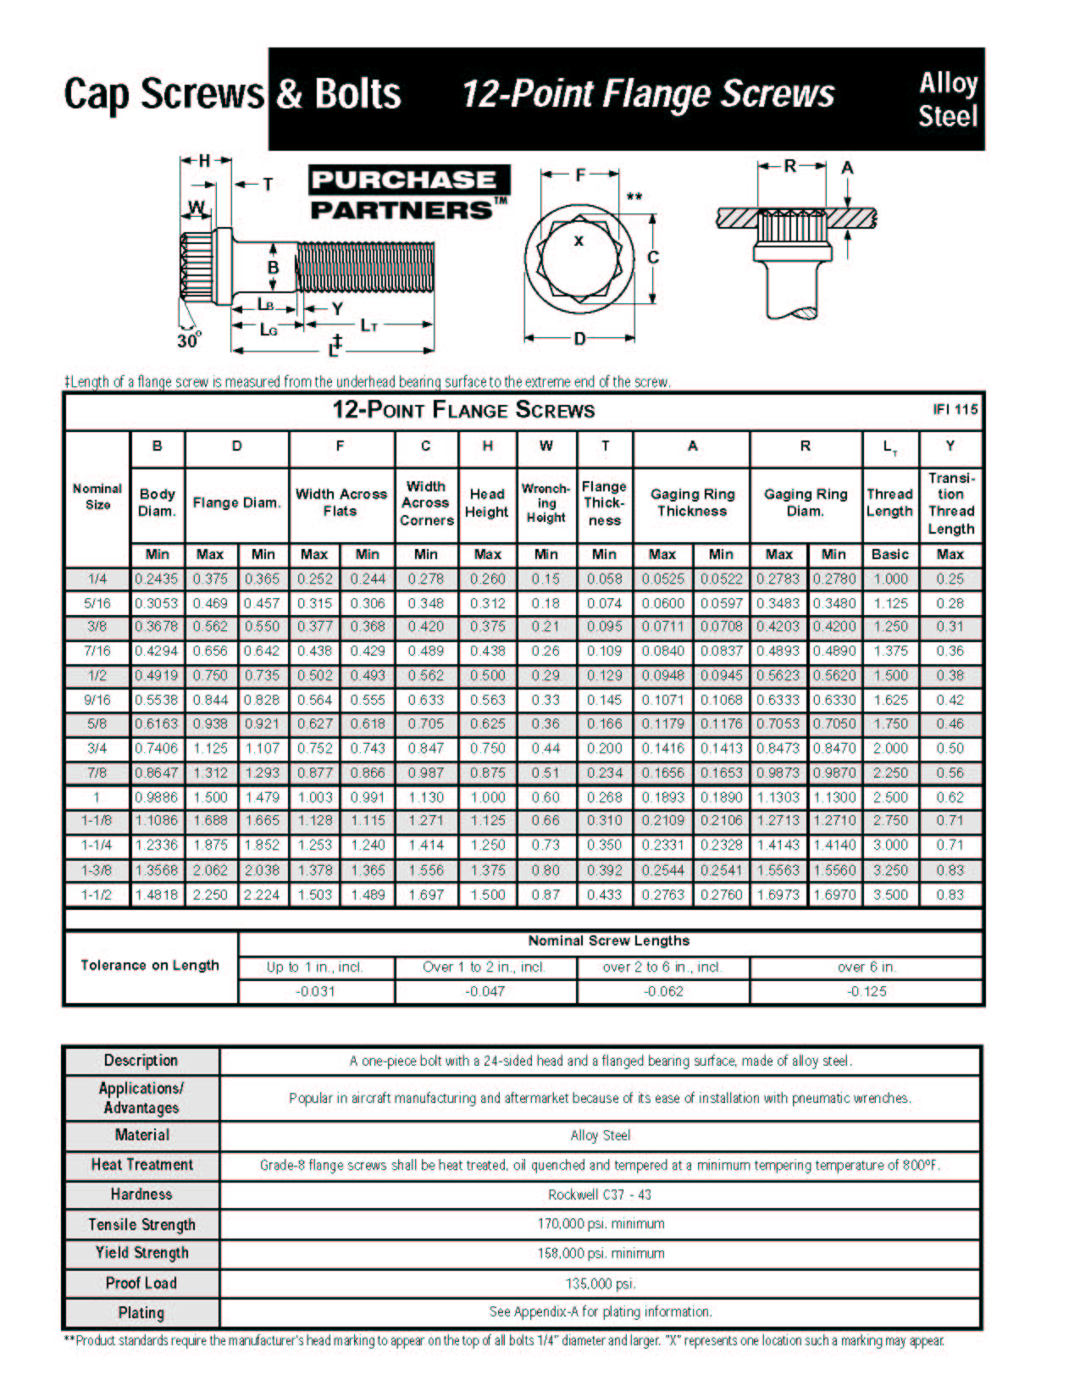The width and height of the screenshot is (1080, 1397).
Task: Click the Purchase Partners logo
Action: [409, 193]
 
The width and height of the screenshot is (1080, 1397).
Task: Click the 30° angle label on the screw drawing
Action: [188, 341]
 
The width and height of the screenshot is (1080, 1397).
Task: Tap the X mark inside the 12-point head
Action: [579, 241]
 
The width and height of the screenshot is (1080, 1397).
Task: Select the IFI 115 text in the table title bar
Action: [955, 410]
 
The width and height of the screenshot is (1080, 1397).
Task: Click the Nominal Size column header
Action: [97, 496]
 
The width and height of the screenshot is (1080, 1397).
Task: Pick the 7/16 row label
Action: [97, 651]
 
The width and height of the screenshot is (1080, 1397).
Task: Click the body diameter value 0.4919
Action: [157, 676]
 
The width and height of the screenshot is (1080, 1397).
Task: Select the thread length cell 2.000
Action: [890, 749]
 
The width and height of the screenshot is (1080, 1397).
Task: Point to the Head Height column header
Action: [487, 503]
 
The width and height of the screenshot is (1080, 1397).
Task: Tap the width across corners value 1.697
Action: [425, 895]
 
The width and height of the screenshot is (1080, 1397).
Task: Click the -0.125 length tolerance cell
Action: [866, 991]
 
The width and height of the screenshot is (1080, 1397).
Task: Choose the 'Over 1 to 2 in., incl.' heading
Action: [485, 967]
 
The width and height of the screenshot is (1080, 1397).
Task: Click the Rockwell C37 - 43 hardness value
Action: [600, 1195]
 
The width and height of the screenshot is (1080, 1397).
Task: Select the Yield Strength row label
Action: [141, 1253]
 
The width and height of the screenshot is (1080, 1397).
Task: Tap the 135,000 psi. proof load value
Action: [600, 1283]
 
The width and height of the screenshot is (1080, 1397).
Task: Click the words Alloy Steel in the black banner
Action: [948, 100]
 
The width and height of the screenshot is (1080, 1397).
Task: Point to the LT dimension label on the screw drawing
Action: [368, 325]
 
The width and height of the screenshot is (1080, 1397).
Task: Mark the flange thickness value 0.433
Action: [604, 895]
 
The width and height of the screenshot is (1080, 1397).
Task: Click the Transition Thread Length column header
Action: [950, 503]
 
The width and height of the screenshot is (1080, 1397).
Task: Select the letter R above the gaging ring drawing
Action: [789, 167]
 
